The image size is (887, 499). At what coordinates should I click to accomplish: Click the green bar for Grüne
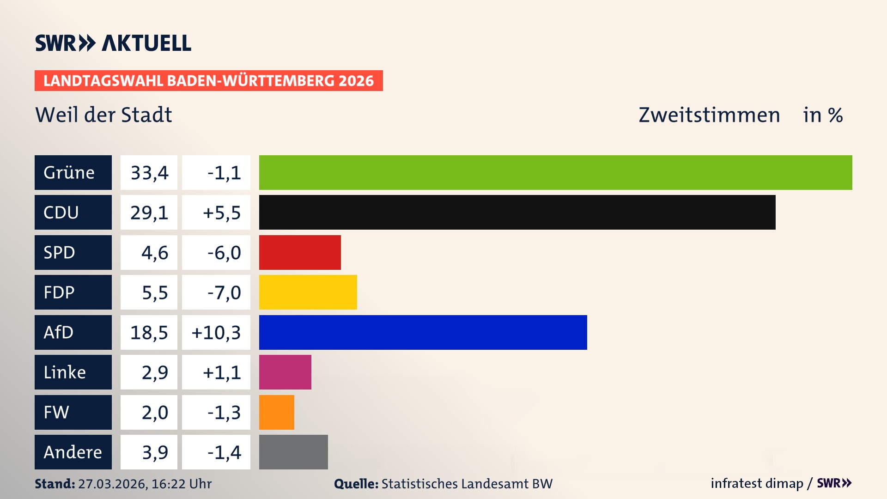tap(555, 172)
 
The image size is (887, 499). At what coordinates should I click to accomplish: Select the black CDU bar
tap(517, 213)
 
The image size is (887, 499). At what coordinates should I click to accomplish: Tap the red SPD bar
tap(300, 252)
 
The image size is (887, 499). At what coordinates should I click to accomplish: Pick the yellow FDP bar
tap(308, 292)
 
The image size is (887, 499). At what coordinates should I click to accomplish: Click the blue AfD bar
tap(423, 332)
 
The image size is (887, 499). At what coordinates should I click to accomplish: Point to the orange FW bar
tap(276, 412)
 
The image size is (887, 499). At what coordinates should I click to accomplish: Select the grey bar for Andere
tap(293, 452)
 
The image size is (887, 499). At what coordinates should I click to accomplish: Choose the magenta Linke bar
tap(285, 372)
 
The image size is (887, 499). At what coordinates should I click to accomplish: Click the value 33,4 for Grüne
tap(149, 173)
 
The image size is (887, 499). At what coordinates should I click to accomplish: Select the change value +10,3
tap(216, 333)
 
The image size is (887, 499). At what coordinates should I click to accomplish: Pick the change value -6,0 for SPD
tap(224, 253)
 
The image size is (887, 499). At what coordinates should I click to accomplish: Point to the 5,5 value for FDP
tap(154, 292)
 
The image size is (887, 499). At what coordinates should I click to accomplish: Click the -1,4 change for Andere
tap(224, 452)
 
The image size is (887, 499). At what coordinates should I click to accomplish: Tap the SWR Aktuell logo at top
tap(113, 43)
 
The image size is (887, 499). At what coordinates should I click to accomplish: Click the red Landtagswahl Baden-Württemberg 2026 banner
tap(208, 81)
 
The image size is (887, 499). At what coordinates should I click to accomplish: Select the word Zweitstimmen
tap(709, 115)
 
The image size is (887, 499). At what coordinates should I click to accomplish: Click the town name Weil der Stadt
tap(103, 115)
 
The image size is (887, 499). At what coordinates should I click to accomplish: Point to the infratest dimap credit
tap(757, 483)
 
